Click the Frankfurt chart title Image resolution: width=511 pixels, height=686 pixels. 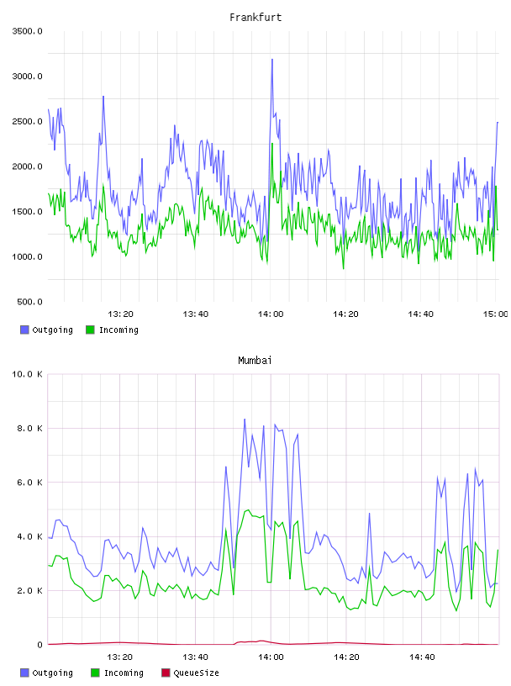(x=255, y=17)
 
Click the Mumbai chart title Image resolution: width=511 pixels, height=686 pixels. (x=255, y=360)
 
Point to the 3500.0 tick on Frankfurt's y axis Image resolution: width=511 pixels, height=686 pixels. (x=27, y=31)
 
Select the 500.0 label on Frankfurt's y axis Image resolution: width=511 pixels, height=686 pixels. (x=29, y=302)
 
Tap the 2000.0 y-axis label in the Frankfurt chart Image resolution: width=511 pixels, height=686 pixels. (x=27, y=166)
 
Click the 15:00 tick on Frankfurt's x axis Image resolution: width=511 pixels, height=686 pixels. (x=495, y=314)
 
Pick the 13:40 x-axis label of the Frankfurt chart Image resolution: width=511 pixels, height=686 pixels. (x=195, y=314)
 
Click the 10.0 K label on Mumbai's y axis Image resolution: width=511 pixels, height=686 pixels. (x=27, y=374)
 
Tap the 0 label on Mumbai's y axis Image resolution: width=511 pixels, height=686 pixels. (x=40, y=645)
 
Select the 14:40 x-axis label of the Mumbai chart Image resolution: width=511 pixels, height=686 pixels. (x=422, y=657)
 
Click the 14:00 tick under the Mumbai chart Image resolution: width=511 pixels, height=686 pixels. (x=271, y=657)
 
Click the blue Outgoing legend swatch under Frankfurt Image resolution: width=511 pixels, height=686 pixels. (x=24, y=330)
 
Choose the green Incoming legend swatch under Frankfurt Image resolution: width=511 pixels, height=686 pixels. (x=90, y=330)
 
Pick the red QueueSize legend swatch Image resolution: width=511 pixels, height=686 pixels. (x=166, y=673)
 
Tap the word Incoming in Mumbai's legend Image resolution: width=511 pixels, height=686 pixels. (x=124, y=673)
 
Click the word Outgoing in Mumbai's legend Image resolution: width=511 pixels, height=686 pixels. (x=52, y=673)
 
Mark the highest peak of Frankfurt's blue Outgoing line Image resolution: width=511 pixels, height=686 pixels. (x=272, y=60)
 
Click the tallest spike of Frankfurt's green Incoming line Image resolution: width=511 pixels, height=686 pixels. (x=272, y=144)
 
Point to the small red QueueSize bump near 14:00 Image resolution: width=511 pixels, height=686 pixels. (x=261, y=641)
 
